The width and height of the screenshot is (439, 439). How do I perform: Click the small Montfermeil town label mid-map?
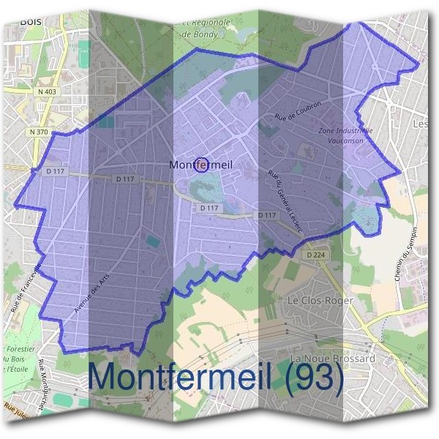pyautogui.click(x=200, y=165)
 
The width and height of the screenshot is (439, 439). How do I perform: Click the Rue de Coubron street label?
pyautogui.click(x=297, y=110)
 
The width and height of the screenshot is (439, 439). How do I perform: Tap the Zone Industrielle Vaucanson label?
pyautogui.click(x=346, y=135)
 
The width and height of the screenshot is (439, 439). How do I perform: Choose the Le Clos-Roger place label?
pyautogui.click(x=320, y=301)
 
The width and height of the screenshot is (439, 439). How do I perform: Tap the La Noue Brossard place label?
pyautogui.click(x=332, y=359)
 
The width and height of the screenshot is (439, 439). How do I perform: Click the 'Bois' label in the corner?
pyautogui.click(x=30, y=21)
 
